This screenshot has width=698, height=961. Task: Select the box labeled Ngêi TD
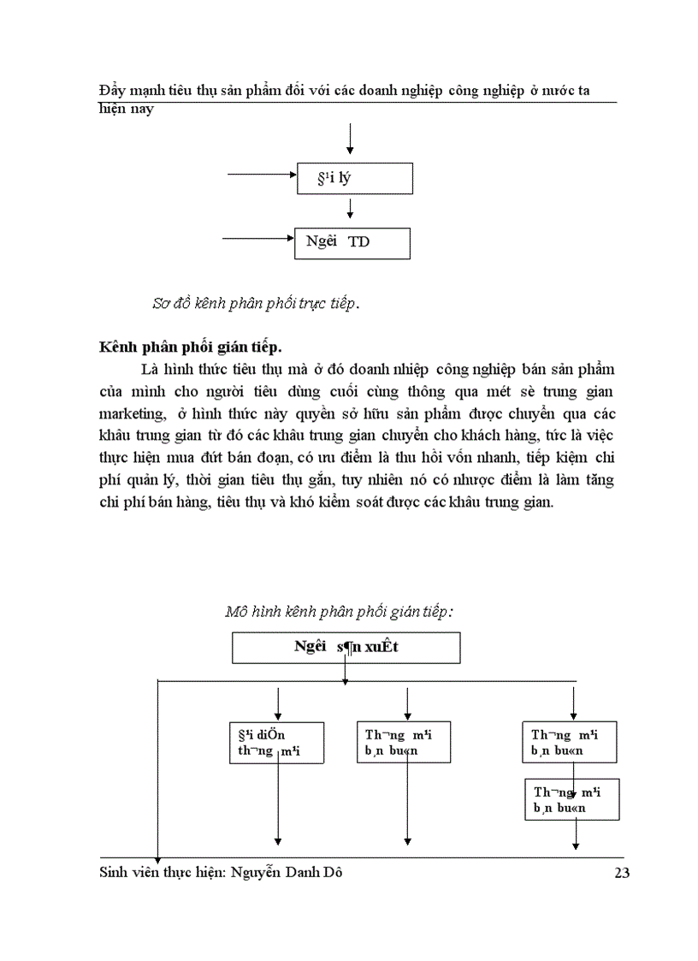352,242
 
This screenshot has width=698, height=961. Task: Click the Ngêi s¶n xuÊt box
346,648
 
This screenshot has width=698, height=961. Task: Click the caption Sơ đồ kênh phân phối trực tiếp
256,304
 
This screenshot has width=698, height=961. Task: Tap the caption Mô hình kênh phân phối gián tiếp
339,611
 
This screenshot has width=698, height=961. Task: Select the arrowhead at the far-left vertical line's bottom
157,857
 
